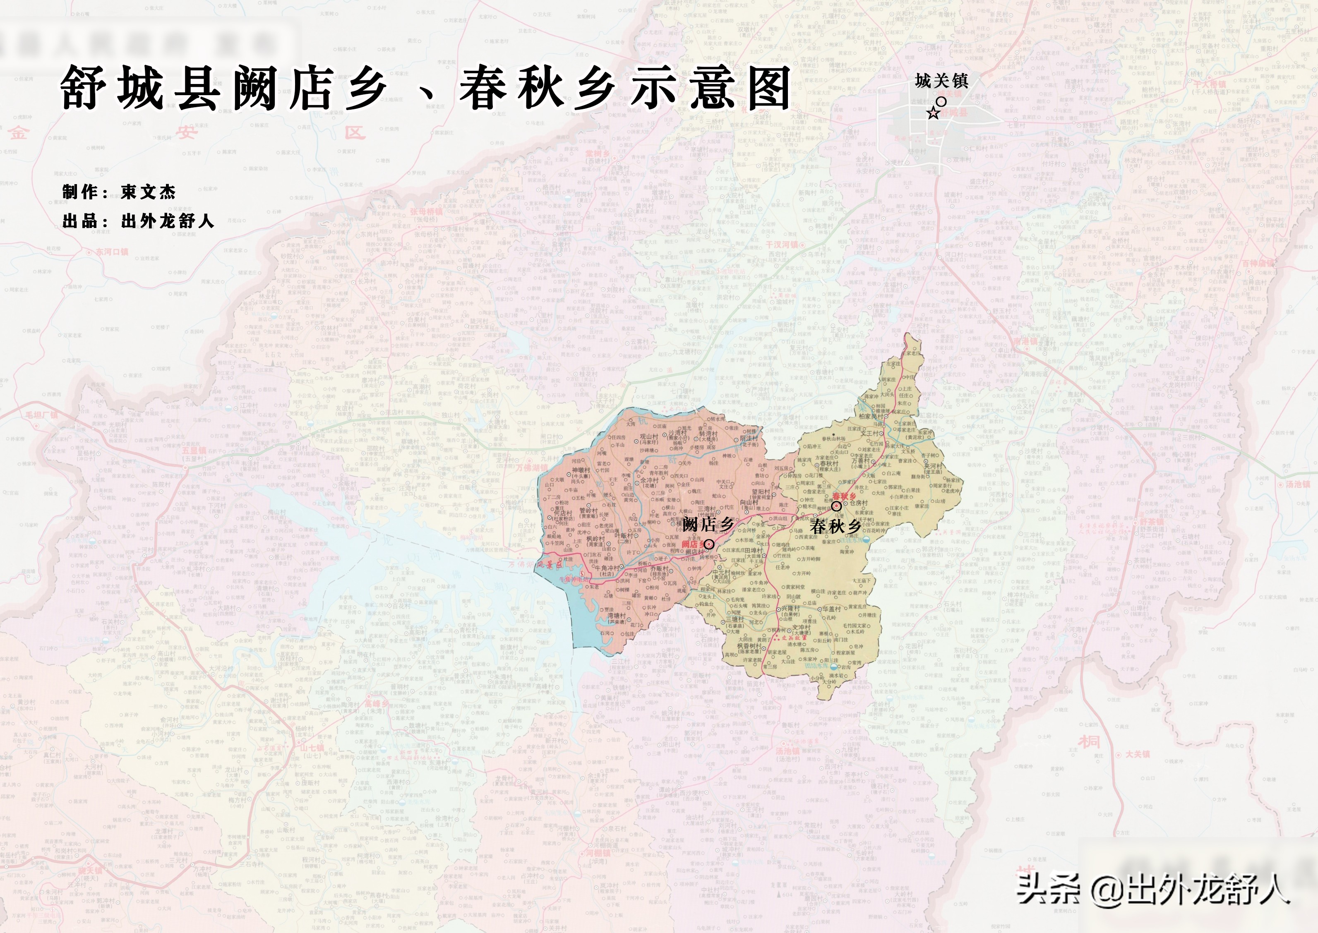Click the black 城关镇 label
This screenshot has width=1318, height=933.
942,82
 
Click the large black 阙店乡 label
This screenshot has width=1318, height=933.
708,524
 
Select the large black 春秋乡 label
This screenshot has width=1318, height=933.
835,526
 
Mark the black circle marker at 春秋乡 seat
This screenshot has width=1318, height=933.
837,506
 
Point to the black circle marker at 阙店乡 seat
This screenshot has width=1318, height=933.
709,544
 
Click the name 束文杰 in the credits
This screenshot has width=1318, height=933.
148,192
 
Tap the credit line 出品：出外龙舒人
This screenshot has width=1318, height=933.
138,221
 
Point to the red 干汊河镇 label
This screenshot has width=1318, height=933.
781,245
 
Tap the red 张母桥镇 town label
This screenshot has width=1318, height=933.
426,211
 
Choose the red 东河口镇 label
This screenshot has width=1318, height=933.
112,252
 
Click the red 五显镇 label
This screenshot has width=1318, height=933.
194,451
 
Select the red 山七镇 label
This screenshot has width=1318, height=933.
312,748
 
